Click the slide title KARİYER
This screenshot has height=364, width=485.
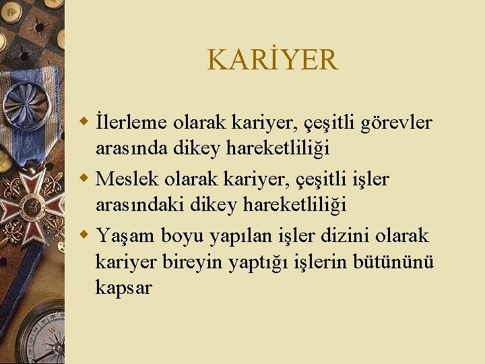point(272,60)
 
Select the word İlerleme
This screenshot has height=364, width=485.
point(133,123)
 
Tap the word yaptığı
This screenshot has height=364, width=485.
point(259,262)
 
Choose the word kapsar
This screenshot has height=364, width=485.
point(124,288)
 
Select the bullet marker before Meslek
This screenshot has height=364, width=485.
point(84,179)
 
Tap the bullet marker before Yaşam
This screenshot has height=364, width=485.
point(84,235)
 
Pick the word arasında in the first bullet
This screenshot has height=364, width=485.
point(134,148)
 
